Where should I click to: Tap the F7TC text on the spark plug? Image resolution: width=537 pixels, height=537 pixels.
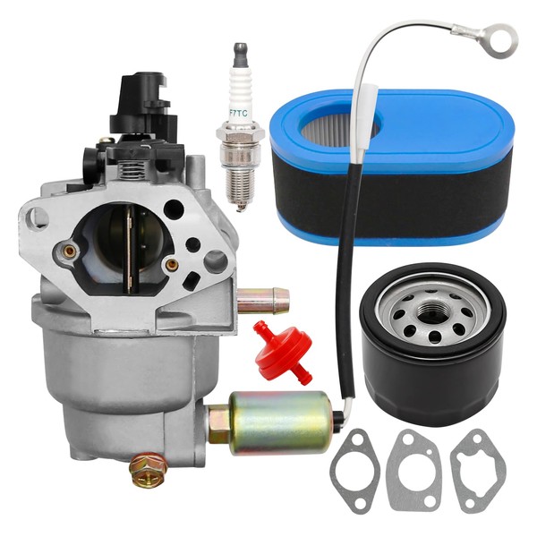240,113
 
